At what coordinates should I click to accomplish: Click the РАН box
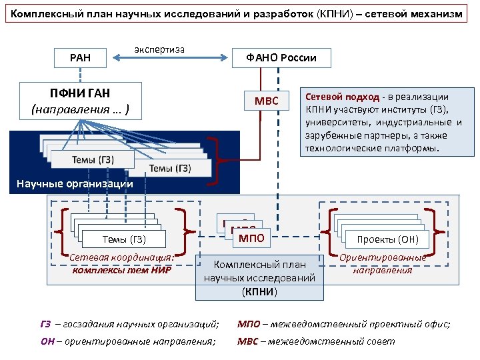coord(80,58)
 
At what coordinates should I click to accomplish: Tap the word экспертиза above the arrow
coord(159,49)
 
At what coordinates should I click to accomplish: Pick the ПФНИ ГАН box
coord(81,100)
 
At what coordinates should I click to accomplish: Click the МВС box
coord(266,100)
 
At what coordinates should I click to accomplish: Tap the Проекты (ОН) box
coord(388,239)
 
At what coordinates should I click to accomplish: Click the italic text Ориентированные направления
coord(382,263)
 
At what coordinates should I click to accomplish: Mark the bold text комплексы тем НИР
coord(121,269)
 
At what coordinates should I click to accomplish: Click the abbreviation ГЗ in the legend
coord(45,324)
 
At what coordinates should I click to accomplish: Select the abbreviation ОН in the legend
coord(47,341)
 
